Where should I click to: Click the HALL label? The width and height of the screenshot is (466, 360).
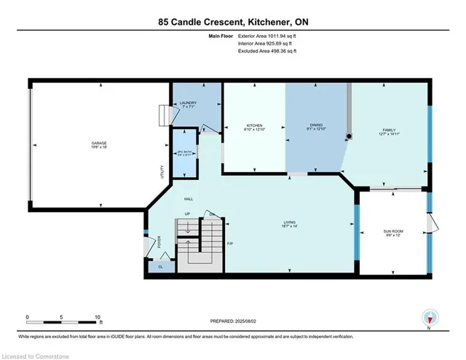[189, 199]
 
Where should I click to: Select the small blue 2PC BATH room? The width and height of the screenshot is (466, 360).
[183, 154]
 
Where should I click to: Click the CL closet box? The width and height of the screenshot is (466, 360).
[161, 267]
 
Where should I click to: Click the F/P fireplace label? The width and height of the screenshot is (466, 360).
[230, 243]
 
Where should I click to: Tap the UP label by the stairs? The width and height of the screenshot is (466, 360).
[187, 214]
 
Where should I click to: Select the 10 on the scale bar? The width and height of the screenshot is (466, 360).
[98, 317]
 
